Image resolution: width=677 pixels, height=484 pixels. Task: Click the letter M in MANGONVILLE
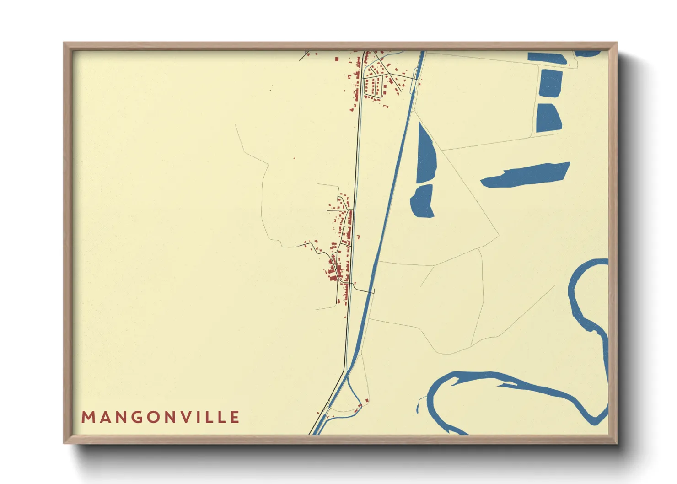[87, 417]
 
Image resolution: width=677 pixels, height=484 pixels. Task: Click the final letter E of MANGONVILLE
[235, 417]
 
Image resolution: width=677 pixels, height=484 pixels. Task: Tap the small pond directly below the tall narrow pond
[423, 201]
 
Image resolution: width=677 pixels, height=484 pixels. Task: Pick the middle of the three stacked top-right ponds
[550, 83]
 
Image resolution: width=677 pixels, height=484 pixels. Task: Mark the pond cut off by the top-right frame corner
[588, 54]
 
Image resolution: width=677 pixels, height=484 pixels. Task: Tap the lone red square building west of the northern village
[337, 59]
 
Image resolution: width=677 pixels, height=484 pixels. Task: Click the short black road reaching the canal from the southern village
[364, 289]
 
